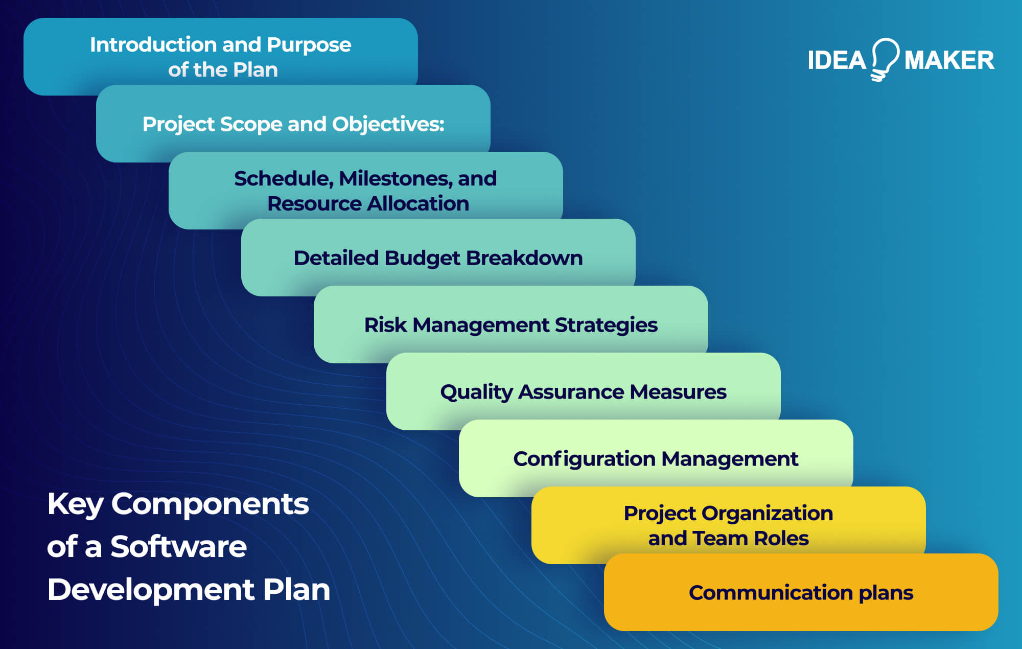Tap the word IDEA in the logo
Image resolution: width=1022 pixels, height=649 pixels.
point(837,60)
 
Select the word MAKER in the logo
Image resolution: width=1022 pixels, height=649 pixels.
point(949,60)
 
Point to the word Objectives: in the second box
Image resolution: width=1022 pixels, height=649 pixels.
point(388,124)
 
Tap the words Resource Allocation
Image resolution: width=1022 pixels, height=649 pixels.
point(368,203)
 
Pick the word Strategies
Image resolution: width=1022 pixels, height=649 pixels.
point(606,325)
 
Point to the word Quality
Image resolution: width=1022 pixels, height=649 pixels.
point(476,392)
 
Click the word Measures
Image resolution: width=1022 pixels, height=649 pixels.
point(678,392)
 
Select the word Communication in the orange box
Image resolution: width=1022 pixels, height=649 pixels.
point(771,593)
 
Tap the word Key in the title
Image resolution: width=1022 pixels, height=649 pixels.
point(75,504)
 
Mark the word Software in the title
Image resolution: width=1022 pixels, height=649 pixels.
point(178,547)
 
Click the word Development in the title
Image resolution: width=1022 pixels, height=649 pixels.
point(151,590)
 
